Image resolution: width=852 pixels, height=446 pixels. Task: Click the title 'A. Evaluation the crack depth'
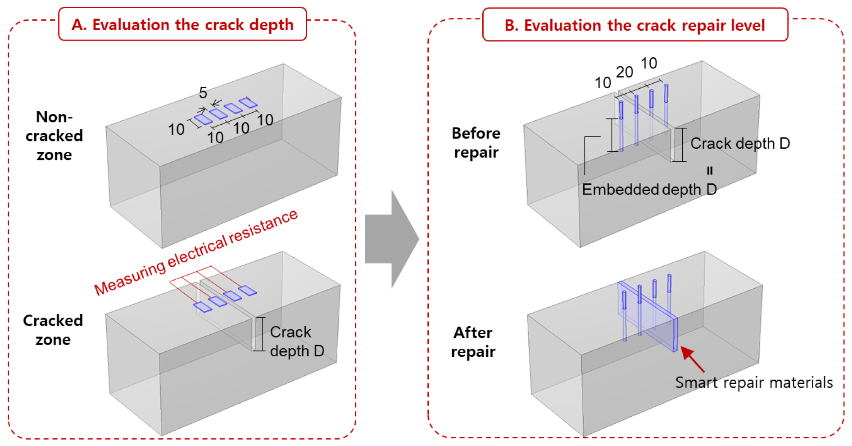[182, 24]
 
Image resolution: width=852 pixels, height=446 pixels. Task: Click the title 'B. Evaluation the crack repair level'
[634, 25]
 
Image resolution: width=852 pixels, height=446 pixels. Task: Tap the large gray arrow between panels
[392, 239]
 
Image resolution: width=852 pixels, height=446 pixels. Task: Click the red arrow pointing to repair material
[692, 359]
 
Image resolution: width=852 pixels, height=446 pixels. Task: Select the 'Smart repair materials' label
[754, 382]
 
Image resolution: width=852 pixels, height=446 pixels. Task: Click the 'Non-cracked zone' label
[54, 136]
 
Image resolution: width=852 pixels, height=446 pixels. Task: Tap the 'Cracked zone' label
[53, 330]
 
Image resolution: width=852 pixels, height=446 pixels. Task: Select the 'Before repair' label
[476, 142]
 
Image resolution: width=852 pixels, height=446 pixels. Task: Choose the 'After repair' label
[473, 342]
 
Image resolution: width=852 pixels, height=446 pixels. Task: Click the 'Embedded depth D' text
[649, 189]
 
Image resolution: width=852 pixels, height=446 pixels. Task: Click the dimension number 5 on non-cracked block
[203, 93]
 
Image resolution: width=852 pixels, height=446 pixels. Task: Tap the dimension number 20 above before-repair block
[625, 72]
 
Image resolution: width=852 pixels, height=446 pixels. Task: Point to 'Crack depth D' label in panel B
[740, 143]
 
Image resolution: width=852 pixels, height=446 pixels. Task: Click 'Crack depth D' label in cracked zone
[297, 341]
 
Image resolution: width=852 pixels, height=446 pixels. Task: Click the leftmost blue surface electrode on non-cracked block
[203, 119]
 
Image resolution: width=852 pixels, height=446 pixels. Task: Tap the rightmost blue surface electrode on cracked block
[247, 291]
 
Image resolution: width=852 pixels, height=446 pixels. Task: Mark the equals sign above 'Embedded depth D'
[710, 170]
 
